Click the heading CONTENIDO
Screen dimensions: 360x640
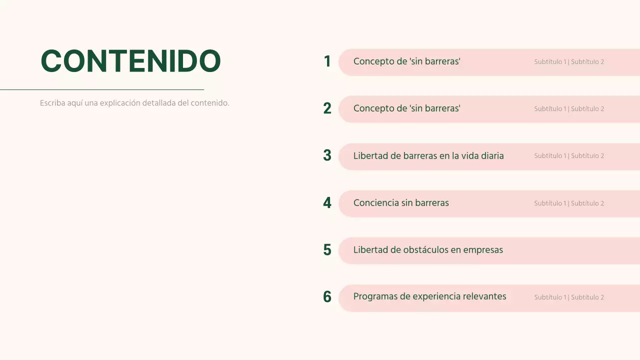[130, 61]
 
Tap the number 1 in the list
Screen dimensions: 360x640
[327, 61]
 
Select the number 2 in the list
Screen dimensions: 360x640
[327, 108]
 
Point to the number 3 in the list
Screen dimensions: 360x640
[327, 155]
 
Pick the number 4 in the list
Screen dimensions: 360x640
[327, 203]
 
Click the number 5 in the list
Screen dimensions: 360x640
[327, 250]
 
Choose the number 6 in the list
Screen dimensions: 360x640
[327, 297]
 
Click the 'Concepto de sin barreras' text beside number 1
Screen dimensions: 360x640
[406, 61]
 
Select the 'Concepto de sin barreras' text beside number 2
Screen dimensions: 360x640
[406, 108]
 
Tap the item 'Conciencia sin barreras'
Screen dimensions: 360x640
[401, 203]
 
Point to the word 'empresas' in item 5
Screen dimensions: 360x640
[483, 250]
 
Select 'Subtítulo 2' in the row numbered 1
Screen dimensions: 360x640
[587, 62]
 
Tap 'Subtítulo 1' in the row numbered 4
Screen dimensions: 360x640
[550, 203]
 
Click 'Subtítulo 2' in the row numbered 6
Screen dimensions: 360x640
[587, 297]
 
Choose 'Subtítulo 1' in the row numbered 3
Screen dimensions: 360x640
[550, 156]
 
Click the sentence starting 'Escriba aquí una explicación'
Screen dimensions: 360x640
[134, 103]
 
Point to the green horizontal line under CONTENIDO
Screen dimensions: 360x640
[102, 89]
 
